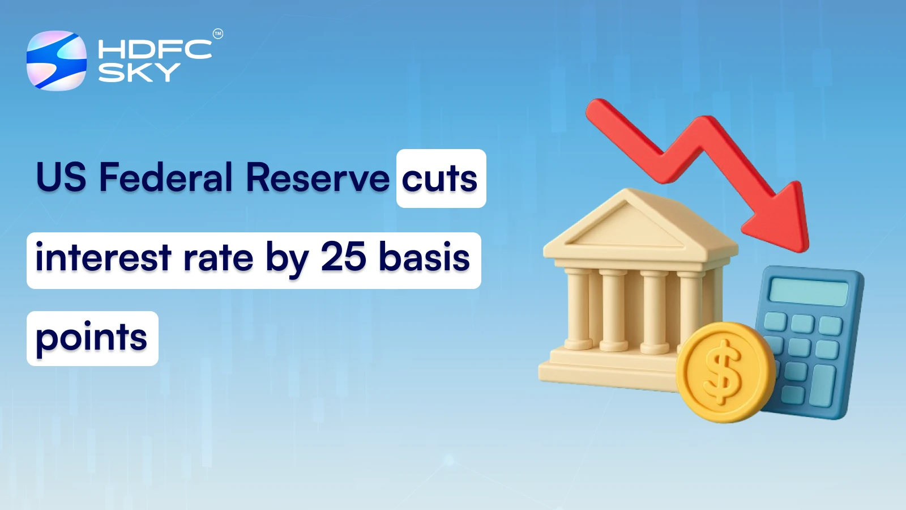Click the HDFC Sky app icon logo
57,61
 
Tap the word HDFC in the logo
155,49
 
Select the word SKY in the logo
139,73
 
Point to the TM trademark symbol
217,34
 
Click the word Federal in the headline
166,177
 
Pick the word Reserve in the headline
318,177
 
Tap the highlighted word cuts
439,178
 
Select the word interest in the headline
103,257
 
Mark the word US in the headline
61,177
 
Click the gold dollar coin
725,372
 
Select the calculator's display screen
808,291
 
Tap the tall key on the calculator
822,385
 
